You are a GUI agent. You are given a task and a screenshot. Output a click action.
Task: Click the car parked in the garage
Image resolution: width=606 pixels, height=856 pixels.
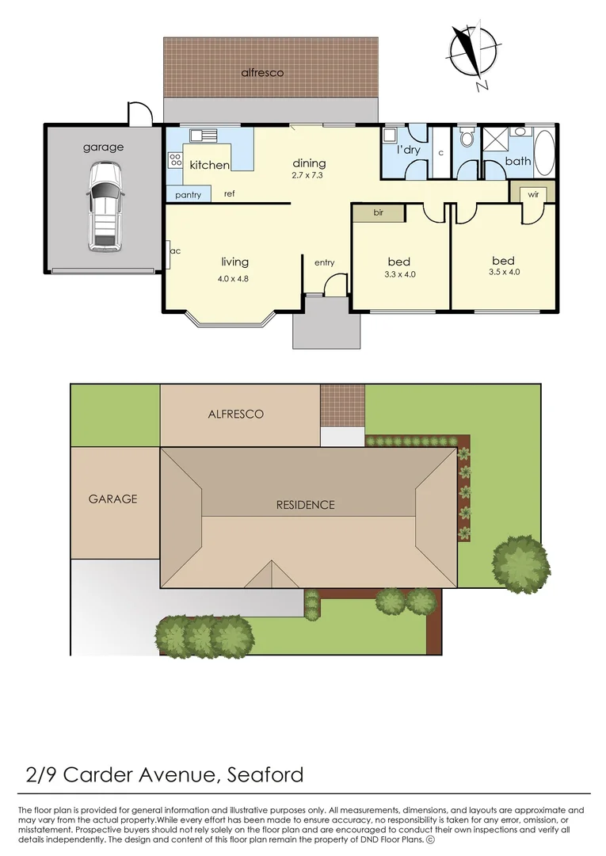(105, 207)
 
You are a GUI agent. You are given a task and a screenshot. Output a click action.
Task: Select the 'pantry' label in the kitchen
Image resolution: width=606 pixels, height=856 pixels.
(188, 195)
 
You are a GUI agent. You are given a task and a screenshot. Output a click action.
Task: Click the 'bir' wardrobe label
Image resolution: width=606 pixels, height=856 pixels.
(378, 213)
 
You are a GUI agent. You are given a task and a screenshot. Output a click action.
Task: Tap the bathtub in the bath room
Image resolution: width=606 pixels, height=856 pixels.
(544, 152)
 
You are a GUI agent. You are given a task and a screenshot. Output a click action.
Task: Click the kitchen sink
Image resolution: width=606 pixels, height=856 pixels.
(208, 135)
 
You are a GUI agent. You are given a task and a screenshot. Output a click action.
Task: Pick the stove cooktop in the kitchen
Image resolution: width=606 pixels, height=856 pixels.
(175, 162)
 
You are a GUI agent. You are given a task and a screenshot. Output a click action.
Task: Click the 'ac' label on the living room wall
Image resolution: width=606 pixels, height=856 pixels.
(175, 251)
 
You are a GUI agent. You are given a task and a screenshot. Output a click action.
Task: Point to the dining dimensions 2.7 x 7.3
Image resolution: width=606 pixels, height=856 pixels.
(309, 175)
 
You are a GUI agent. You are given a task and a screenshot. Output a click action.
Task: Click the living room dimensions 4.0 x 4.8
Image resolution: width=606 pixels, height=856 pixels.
(233, 278)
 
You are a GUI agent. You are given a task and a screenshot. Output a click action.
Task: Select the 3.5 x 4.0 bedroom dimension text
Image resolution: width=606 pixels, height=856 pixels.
(503, 272)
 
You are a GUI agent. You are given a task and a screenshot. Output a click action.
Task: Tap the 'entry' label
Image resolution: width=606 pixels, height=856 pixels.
(325, 263)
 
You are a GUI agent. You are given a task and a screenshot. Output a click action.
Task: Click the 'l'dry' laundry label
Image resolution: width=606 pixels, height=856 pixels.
(408, 151)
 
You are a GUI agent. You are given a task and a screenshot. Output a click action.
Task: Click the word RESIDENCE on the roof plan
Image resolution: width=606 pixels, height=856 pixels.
(305, 505)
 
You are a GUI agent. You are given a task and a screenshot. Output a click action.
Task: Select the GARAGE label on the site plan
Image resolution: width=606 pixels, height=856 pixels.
(112, 499)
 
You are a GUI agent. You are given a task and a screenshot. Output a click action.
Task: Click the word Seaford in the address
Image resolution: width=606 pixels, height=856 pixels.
(265, 774)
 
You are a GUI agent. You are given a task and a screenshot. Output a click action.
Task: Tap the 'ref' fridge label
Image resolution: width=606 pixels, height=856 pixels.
(229, 193)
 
